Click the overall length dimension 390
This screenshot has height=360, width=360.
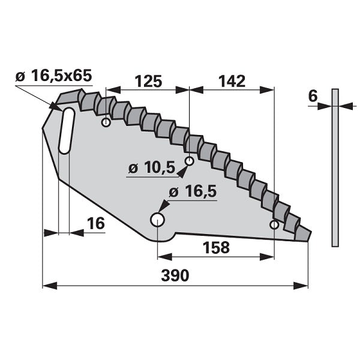[175, 275]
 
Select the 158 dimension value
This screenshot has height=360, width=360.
[216, 247]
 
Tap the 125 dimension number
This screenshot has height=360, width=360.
[148, 81]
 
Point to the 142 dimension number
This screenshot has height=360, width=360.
[232, 81]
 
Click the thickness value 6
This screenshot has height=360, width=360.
[313, 96]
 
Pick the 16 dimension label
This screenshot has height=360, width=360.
[96, 223]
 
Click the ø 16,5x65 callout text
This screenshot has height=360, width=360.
[54, 76]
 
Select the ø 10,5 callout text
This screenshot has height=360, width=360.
[152, 167]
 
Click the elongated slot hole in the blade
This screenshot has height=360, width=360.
[67, 130]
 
